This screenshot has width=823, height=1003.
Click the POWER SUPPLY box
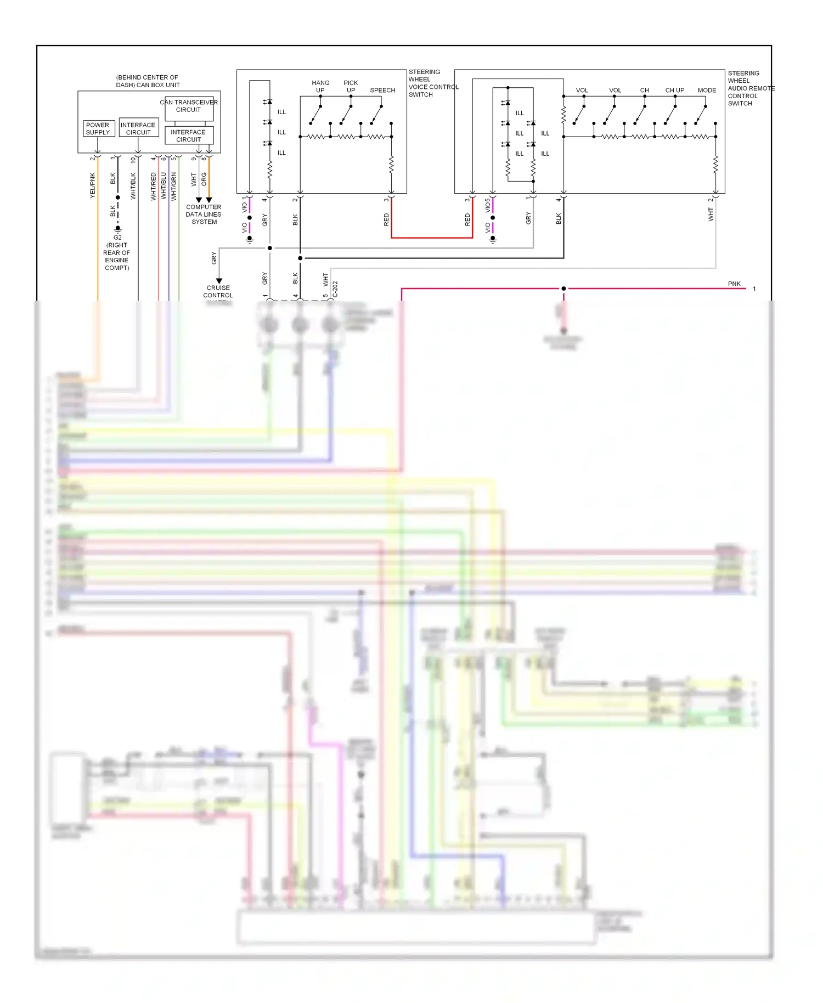point(98,128)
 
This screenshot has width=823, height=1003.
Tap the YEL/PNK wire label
point(92,185)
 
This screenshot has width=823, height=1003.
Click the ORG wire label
point(204,179)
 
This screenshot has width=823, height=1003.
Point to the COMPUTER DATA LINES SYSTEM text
point(204,215)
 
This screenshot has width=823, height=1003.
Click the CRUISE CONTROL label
point(218,291)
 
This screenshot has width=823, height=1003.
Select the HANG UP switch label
point(320,86)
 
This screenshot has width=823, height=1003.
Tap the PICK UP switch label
point(351,86)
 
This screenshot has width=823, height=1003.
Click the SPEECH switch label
point(382,90)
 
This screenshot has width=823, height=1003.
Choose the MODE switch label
point(707,90)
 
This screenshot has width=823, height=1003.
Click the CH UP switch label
point(674,90)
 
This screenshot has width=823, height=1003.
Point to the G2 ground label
point(117,238)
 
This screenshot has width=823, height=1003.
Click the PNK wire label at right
point(734,284)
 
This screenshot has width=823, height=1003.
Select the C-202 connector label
point(335,289)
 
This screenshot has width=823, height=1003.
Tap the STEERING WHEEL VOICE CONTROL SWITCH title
point(432,83)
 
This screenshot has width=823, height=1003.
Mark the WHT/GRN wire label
point(174,187)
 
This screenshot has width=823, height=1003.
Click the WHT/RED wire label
point(154,187)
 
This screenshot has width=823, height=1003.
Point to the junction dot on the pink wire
point(563,289)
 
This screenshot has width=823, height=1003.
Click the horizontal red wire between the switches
point(432,238)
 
